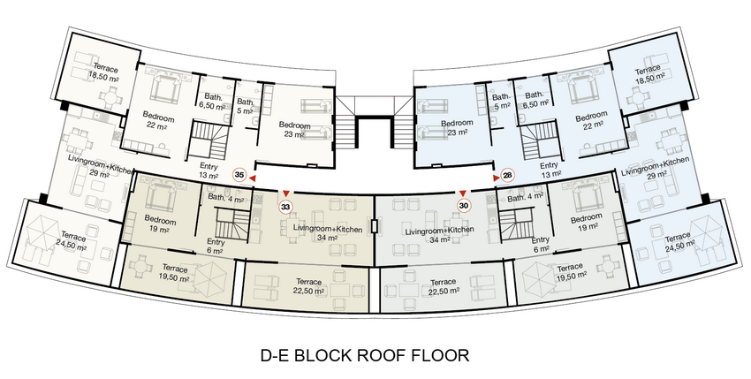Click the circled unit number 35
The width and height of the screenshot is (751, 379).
[x=240, y=176]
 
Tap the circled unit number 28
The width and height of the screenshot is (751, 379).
[x=508, y=176]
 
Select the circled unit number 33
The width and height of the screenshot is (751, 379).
[x=286, y=207]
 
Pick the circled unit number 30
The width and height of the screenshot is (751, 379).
[x=463, y=206]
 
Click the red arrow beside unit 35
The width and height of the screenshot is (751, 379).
[x=252, y=178]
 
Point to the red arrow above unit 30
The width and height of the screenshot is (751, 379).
[x=463, y=193]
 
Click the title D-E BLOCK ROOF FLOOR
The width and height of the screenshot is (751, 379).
[x=365, y=355]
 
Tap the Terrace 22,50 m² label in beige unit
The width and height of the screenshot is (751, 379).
[x=309, y=286]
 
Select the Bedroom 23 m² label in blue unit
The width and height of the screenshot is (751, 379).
[x=457, y=127]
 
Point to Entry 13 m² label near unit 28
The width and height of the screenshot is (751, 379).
[x=549, y=170]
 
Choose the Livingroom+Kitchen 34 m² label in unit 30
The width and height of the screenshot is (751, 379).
[x=440, y=235]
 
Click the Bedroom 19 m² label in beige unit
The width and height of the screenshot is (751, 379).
[x=160, y=225]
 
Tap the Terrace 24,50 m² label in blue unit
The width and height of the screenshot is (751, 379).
[x=679, y=242]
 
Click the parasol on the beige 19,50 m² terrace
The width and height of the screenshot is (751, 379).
[x=209, y=277]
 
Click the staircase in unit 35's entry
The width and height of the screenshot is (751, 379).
[x=209, y=140]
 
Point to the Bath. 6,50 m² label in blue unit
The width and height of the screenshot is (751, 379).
[x=535, y=99]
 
